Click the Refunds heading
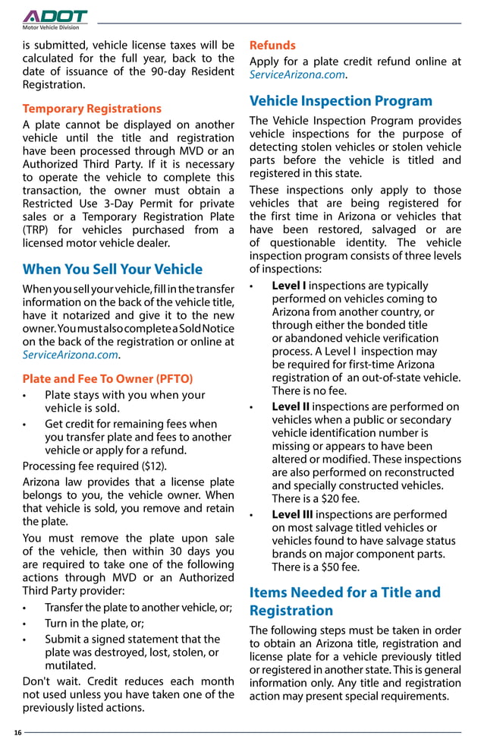(x=272, y=46)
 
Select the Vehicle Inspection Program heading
(x=341, y=101)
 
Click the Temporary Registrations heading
(x=92, y=109)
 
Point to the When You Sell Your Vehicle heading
(x=112, y=269)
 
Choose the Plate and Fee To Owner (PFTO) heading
(x=108, y=378)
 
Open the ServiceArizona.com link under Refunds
(x=297, y=75)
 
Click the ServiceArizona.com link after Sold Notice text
(x=71, y=355)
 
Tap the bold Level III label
(x=292, y=514)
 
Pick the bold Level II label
(x=291, y=406)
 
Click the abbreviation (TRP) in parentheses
(x=36, y=229)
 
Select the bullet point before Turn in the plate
(x=26, y=624)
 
